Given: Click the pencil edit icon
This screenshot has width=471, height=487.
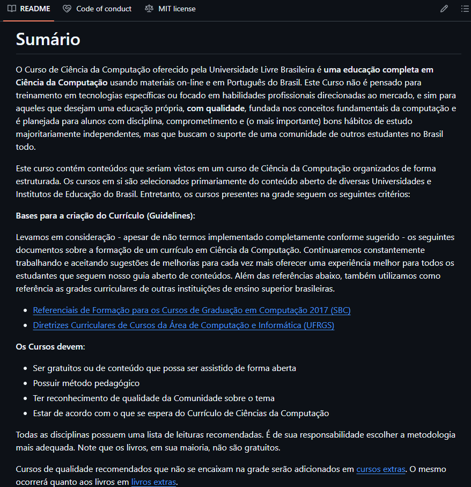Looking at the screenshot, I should click(x=444, y=9).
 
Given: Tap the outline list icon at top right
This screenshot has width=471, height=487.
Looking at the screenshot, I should click(x=465, y=9).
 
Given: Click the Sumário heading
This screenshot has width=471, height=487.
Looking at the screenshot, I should click(x=48, y=39).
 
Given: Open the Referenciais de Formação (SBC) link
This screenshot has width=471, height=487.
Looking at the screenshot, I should click(x=192, y=310).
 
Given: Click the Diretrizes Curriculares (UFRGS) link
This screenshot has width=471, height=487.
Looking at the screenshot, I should click(x=183, y=325).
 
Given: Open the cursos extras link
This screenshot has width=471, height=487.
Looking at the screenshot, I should click(x=380, y=469).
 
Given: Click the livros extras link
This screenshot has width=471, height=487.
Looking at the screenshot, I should click(x=153, y=482).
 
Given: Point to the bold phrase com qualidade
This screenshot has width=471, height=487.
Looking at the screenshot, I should click(x=215, y=108).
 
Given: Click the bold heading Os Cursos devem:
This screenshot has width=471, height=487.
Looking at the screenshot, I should click(x=50, y=347).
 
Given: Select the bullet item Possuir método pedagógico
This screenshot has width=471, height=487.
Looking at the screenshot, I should click(x=86, y=383).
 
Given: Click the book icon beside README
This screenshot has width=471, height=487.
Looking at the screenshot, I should click(x=12, y=9).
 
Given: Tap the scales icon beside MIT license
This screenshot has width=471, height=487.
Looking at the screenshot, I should click(x=149, y=9).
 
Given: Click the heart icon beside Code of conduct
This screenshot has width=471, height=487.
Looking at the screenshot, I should click(x=67, y=9).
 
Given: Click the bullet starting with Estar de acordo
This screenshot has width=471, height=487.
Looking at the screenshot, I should click(x=181, y=413).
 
